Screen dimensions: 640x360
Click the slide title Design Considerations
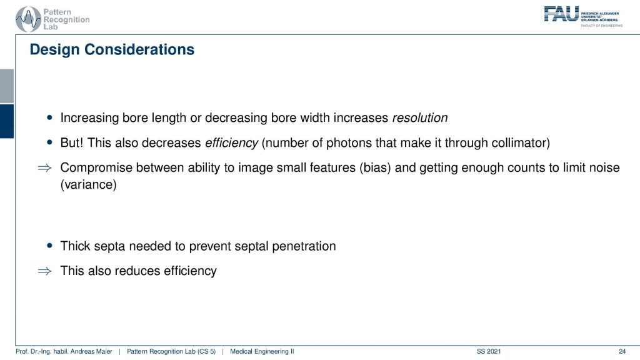point(112,49)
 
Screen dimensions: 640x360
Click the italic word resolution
point(420,118)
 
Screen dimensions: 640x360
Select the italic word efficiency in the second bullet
point(231,143)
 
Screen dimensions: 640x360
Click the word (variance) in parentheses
point(89,184)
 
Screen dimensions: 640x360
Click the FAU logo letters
point(561,14)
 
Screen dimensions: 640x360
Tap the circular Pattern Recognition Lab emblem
point(28,19)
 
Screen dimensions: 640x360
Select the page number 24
point(622,351)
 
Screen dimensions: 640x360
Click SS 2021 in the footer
point(489,351)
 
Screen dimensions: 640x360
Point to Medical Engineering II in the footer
point(262,351)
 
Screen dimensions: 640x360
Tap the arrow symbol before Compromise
point(44,167)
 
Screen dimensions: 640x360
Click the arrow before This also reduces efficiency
point(44,271)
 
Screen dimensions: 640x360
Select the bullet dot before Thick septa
point(50,246)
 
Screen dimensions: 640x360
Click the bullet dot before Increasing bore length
point(50,117)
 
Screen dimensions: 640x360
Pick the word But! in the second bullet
point(72,143)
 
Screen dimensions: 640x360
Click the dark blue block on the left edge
point(7,121)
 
